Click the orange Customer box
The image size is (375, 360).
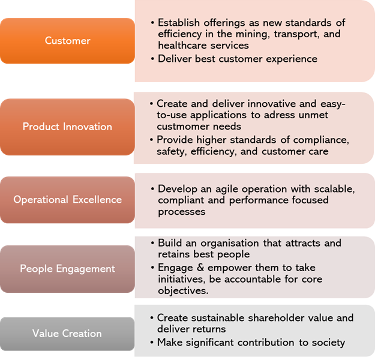67,41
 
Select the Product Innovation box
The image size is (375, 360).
67,127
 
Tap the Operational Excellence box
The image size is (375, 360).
67,200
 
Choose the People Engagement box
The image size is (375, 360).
67,269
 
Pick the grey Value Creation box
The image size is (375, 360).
67,334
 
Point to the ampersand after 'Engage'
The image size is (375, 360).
200,268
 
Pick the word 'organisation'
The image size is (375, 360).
230,244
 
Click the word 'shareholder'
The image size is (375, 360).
275,318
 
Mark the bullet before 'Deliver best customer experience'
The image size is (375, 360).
152,59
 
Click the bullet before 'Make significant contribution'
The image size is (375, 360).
152,343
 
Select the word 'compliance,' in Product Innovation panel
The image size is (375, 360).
321,140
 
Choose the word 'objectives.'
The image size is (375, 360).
183,291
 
